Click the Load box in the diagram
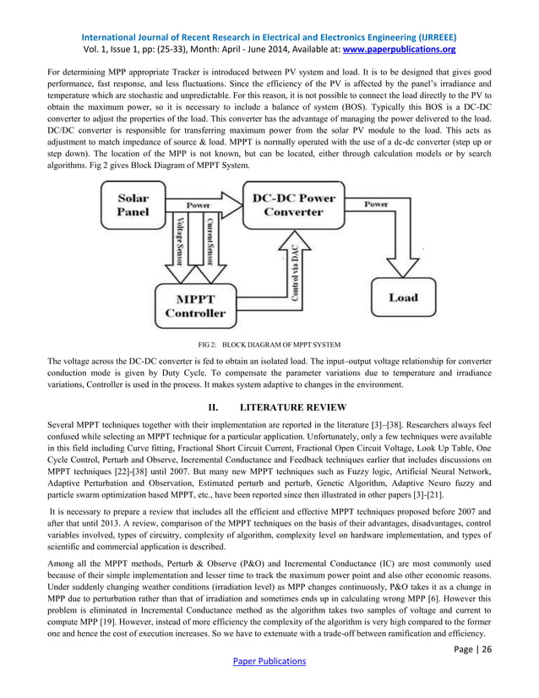tap(403, 297)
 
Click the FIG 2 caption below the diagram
tap(269, 345)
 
